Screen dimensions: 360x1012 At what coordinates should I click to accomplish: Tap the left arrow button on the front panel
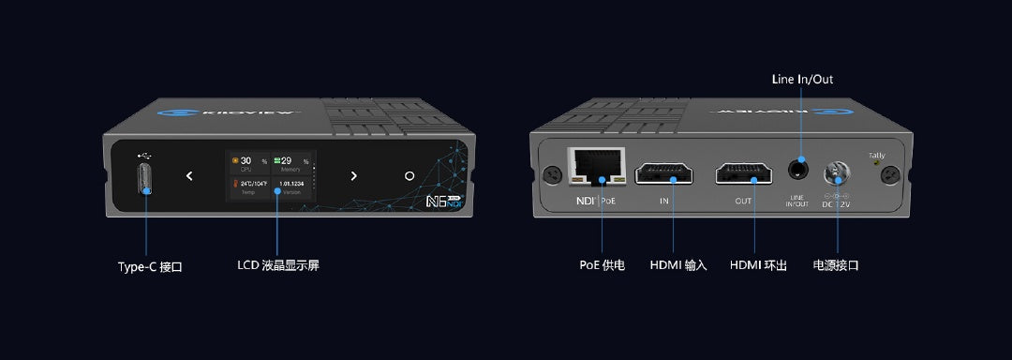(189, 175)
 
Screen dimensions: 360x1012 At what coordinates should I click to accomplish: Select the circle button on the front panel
(409, 175)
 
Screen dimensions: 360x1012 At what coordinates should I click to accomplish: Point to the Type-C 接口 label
(150, 266)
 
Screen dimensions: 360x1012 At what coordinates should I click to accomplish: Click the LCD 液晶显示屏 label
(278, 266)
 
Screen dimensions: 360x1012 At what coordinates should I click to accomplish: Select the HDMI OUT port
(743, 173)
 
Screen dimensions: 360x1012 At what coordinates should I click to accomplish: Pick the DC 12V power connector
(836, 173)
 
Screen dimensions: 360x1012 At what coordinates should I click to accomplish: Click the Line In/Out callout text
(802, 80)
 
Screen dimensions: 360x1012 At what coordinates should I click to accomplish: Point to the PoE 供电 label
(602, 265)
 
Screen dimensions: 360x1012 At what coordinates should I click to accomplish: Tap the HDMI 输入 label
(678, 265)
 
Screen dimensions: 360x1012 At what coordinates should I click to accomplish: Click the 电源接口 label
(836, 265)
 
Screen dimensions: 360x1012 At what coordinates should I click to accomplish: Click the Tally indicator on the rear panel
(877, 163)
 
